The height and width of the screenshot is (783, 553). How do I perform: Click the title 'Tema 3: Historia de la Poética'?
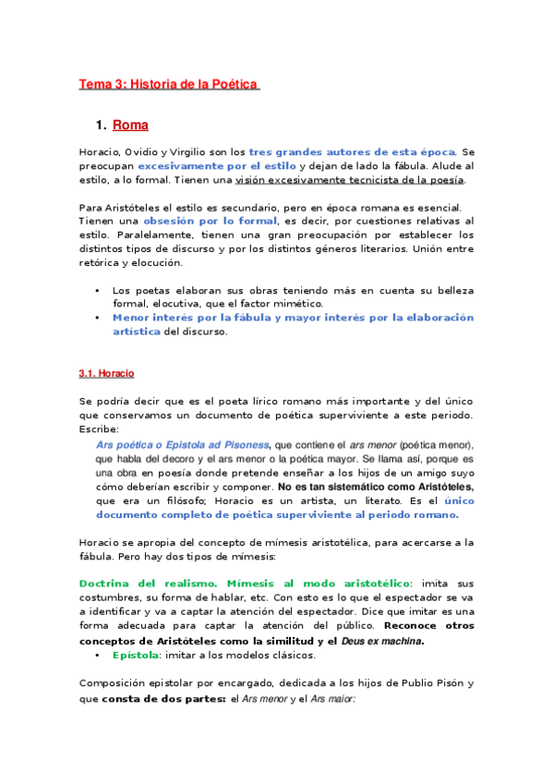click(169, 85)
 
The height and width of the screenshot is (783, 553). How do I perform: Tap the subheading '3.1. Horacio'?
click(107, 373)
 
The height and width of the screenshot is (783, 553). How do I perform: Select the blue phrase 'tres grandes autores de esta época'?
click(353, 151)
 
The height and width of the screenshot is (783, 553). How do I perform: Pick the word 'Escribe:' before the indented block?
click(99, 429)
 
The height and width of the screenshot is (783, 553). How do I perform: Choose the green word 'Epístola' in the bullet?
click(136, 655)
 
